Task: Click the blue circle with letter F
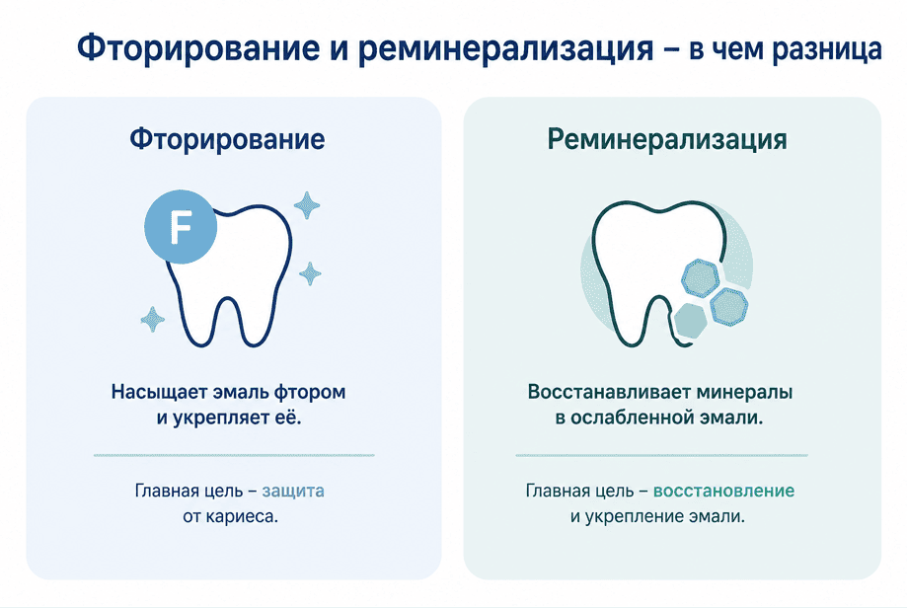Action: [181, 227]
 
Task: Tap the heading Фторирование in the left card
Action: [227, 139]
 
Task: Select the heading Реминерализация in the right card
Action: [667, 139]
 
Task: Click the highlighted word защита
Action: [293, 491]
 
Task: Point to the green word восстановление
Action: [723, 491]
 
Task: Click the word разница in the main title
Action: [827, 48]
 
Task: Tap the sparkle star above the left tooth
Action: [307, 205]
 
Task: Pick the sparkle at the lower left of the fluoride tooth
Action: [153, 320]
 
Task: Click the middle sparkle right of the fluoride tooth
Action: [310, 273]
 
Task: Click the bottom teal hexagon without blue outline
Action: [691, 320]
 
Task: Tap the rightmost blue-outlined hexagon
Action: [728, 306]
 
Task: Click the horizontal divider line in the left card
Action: [234, 455]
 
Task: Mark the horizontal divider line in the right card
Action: [661, 455]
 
